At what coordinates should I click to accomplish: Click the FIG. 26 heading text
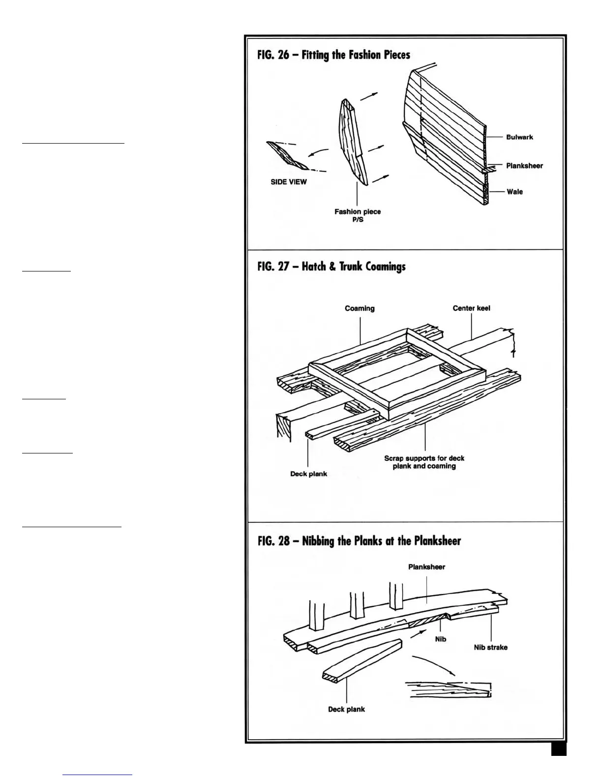point(333,55)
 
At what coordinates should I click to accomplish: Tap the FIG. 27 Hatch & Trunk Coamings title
point(331,267)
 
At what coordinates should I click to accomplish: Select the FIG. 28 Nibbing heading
point(359,541)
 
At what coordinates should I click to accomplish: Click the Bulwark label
point(519,137)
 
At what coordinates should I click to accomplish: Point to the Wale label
point(514,192)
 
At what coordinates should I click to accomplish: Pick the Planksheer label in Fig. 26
point(524,166)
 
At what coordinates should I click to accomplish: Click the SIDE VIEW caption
point(289,182)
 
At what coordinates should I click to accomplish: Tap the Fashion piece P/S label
point(358,215)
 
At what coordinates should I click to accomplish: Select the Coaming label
point(360,308)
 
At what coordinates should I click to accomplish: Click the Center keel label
point(471,308)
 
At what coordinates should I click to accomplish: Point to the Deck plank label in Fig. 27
point(308,474)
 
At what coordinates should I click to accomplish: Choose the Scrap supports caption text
point(424,462)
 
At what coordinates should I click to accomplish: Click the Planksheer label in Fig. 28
point(426,567)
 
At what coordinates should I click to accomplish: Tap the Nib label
point(441,639)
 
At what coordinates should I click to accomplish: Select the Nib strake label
point(490,647)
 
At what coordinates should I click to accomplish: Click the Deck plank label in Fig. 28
point(346,709)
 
